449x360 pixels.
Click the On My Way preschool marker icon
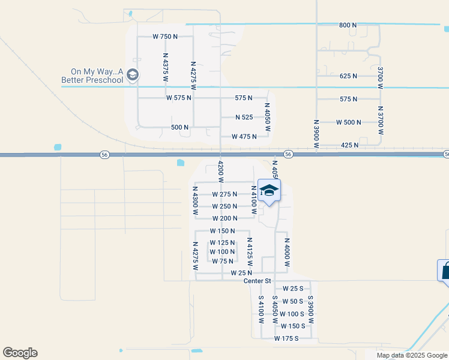[x=133, y=75]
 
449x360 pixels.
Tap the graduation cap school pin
[x=269, y=190]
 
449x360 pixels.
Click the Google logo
[x=20, y=353]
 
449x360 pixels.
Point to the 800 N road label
[x=348, y=25]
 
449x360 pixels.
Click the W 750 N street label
[x=165, y=37]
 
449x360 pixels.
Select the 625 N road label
[x=348, y=76]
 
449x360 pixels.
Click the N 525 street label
[x=244, y=118]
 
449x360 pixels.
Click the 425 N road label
[x=349, y=145]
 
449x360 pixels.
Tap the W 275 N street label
[x=224, y=194]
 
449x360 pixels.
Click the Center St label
[x=258, y=281]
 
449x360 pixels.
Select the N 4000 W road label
[x=287, y=256]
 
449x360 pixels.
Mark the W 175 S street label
[x=287, y=339]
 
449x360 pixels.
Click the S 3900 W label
[x=310, y=309]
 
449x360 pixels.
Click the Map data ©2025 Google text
[x=411, y=355]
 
